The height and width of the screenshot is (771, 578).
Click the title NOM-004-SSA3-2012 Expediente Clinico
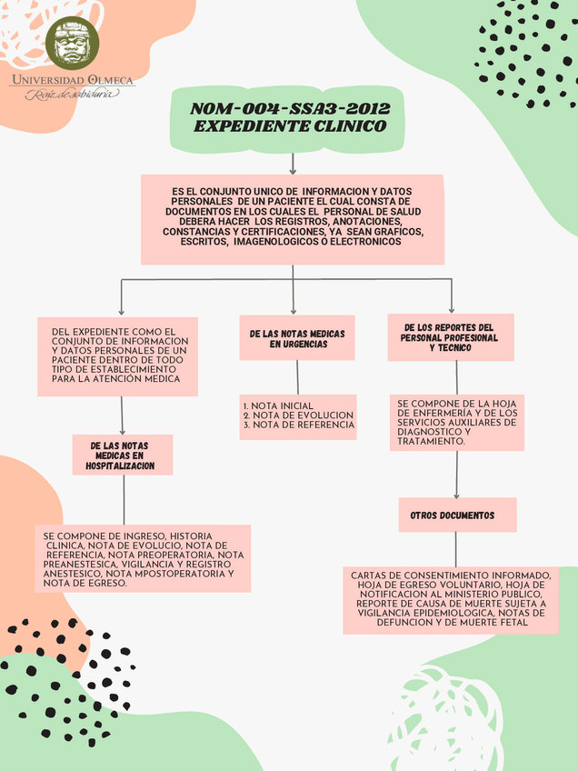290,117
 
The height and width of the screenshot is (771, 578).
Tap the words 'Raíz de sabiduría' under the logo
71,94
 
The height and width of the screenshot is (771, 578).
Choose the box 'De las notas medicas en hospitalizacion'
122,455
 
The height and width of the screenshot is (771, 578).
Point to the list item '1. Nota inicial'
278,406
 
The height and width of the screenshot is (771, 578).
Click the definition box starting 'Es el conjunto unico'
292,217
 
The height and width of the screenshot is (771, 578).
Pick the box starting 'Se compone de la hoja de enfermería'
457,423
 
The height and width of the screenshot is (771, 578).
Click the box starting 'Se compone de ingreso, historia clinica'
143,558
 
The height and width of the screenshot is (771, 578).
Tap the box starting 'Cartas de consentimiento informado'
451,600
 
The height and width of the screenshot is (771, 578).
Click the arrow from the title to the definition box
293,163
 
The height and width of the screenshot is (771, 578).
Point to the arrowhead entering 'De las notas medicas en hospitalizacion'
123,430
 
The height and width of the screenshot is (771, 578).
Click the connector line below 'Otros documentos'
456,549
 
